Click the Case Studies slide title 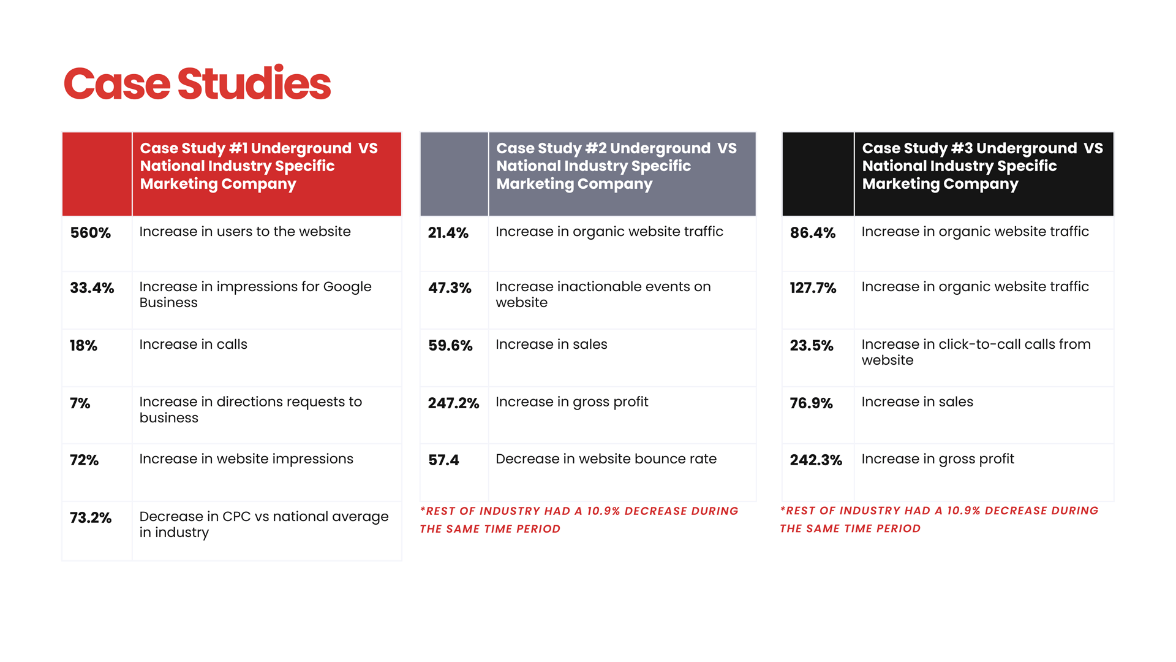(197, 84)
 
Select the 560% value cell (91, 233)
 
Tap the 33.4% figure (92, 288)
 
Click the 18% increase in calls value (83, 346)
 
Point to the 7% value (80, 403)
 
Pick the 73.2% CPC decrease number (91, 518)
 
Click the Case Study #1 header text (258, 166)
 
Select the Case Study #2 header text (616, 166)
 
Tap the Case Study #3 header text (982, 166)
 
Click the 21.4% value (448, 233)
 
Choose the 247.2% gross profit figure (453, 403)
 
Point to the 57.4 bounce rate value (443, 460)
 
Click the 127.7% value (813, 288)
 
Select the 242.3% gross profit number (816, 460)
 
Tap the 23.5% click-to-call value (812, 346)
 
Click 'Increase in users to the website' (245, 232)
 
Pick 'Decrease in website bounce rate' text (606, 459)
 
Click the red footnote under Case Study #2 (579, 520)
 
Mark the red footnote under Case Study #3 (939, 519)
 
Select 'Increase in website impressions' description (246, 459)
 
